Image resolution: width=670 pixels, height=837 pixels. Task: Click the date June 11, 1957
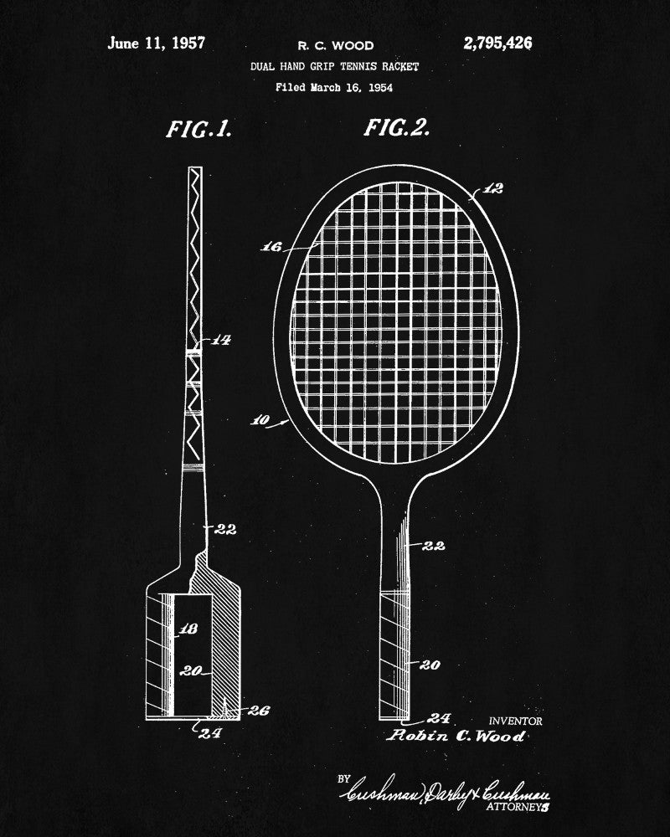pyautogui.click(x=156, y=43)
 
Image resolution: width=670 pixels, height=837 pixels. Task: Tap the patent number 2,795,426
pyautogui.click(x=497, y=44)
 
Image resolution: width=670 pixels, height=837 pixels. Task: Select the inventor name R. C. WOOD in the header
pyautogui.click(x=336, y=46)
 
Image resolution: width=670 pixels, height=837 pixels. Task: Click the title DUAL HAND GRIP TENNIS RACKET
pyautogui.click(x=335, y=66)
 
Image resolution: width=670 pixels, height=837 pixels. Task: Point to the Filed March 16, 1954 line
pyautogui.click(x=335, y=86)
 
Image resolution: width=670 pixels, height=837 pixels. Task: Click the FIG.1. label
pyautogui.click(x=198, y=130)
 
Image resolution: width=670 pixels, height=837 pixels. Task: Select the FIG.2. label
pyautogui.click(x=397, y=128)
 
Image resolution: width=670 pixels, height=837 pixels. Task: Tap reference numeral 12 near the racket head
pyautogui.click(x=493, y=189)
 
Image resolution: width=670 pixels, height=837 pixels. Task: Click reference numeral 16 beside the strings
pyautogui.click(x=272, y=247)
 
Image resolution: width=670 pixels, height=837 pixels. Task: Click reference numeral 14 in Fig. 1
pyautogui.click(x=220, y=340)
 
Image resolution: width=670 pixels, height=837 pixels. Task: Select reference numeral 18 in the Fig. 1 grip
pyautogui.click(x=188, y=629)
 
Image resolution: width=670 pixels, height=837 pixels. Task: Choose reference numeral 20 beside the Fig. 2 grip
pyautogui.click(x=431, y=665)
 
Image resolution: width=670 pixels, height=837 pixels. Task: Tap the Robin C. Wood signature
pyautogui.click(x=456, y=737)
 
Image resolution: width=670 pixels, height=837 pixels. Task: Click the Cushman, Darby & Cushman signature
pyautogui.click(x=444, y=791)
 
